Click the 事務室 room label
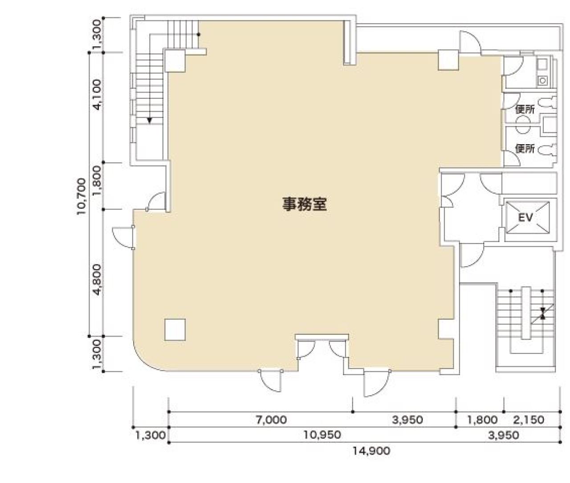(305, 204)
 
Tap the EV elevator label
(526, 217)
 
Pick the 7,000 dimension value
(271, 419)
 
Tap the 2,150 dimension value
(529, 419)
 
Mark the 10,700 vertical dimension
(81, 196)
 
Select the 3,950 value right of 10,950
(503, 435)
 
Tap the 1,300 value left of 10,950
(150, 435)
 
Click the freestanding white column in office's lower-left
(175, 329)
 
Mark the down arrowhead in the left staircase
(150, 120)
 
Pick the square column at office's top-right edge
(448, 60)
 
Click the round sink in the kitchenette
(542, 80)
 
